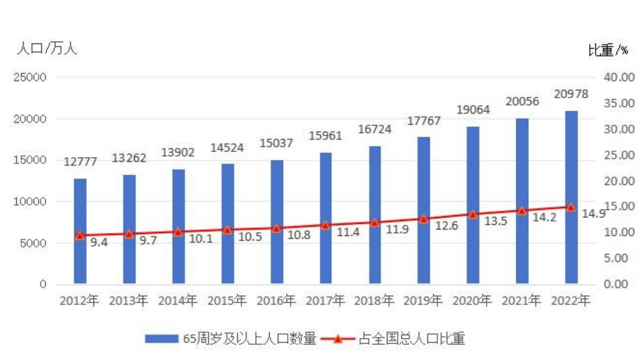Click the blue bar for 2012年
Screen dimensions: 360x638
tap(80, 232)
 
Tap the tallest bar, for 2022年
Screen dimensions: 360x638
tap(572, 197)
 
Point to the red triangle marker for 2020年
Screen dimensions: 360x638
tap(473, 214)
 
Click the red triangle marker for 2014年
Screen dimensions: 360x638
tap(178, 232)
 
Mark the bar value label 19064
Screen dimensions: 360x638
tap(473, 110)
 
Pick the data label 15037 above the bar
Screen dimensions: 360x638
tap(277, 143)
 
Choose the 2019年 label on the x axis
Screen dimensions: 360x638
tap(424, 301)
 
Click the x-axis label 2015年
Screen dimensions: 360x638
tap(227, 301)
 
